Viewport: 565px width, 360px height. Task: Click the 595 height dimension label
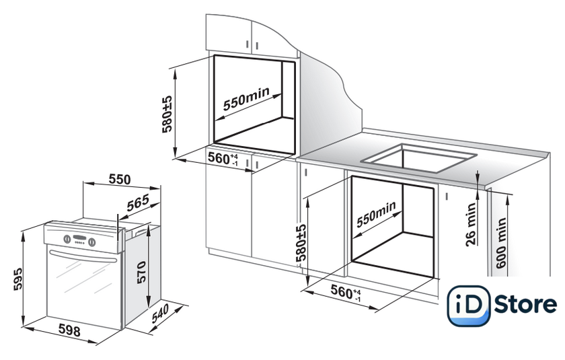tap(17, 279)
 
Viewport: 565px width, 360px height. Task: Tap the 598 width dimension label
tap(69, 330)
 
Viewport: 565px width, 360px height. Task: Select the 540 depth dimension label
tap(160, 314)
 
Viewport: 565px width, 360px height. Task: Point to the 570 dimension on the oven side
tap(141, 273)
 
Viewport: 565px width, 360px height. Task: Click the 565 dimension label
tap(138, 203)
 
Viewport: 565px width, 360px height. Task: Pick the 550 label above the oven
tap(120, 180)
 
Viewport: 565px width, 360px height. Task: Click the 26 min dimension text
tap(471, 225)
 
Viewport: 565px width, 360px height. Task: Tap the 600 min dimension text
tap(502, 243)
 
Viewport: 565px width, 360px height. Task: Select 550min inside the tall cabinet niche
tap(246, 99)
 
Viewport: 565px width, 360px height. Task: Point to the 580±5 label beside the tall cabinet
tap(167, 114)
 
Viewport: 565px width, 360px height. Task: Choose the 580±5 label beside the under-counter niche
tap(301, 243)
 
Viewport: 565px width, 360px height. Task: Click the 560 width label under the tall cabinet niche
tap(223, 159)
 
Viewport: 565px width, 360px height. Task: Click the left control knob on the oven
tap(67, 239)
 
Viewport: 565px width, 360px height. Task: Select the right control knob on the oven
tap(92, 242)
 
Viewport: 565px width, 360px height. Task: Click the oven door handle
tap(83, 256)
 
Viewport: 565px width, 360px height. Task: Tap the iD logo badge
tap(468, 306)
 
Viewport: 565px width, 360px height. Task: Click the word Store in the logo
tap(525, 305)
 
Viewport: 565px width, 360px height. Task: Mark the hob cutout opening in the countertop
tap(419, 158)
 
